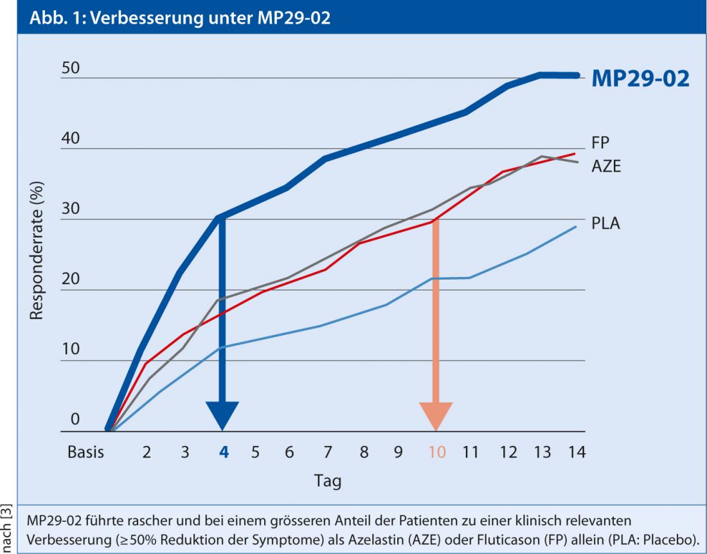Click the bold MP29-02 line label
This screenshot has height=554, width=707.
(641, 79)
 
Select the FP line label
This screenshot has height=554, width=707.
(601, 143)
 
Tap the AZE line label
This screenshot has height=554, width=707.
(606, 165)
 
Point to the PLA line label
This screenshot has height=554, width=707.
(605, 224)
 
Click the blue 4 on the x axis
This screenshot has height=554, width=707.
(224, 452)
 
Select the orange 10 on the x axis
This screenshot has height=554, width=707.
(436, 452)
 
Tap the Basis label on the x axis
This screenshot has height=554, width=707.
(85, 452)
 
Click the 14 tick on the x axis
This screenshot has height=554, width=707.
(577, 452)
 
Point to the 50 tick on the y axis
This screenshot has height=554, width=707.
(70, 69)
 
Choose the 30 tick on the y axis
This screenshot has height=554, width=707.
(70, 210)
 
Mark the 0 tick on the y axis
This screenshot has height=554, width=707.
(75, 420)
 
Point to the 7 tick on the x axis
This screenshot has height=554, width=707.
(327, 452)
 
